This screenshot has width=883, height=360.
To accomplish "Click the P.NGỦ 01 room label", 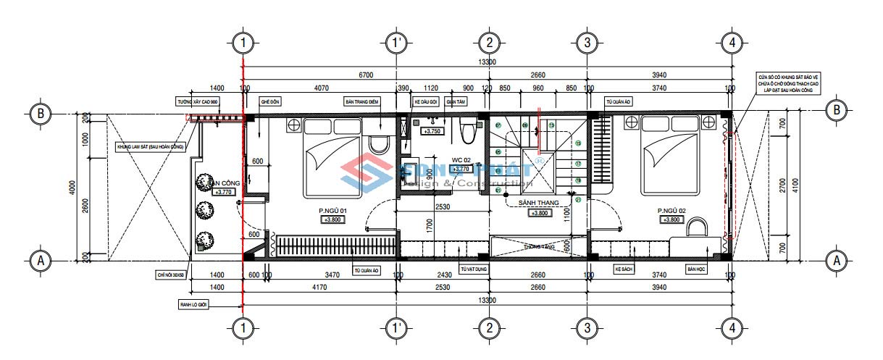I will pos(333,212).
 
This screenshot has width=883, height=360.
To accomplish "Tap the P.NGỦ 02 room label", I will pos(671,212).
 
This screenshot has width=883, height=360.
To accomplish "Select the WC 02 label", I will pos(462,159).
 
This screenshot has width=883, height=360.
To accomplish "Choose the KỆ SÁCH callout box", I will pos(624,269).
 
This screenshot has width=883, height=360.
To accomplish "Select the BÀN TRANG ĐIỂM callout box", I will pos(363,102).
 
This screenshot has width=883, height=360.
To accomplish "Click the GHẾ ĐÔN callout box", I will pos(271,102).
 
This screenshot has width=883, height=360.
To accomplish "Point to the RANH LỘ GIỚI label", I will pos(193,305).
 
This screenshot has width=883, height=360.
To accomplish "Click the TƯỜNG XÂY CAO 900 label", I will pos(197,102).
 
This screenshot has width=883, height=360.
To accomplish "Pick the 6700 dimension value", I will pos(366,75).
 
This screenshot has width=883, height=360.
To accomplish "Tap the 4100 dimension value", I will pos(797,185).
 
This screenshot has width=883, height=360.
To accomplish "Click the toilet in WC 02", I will pos(467,132).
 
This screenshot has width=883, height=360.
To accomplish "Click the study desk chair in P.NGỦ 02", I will pos(696,229).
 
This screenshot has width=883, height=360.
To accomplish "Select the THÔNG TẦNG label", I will pos(540,247).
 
